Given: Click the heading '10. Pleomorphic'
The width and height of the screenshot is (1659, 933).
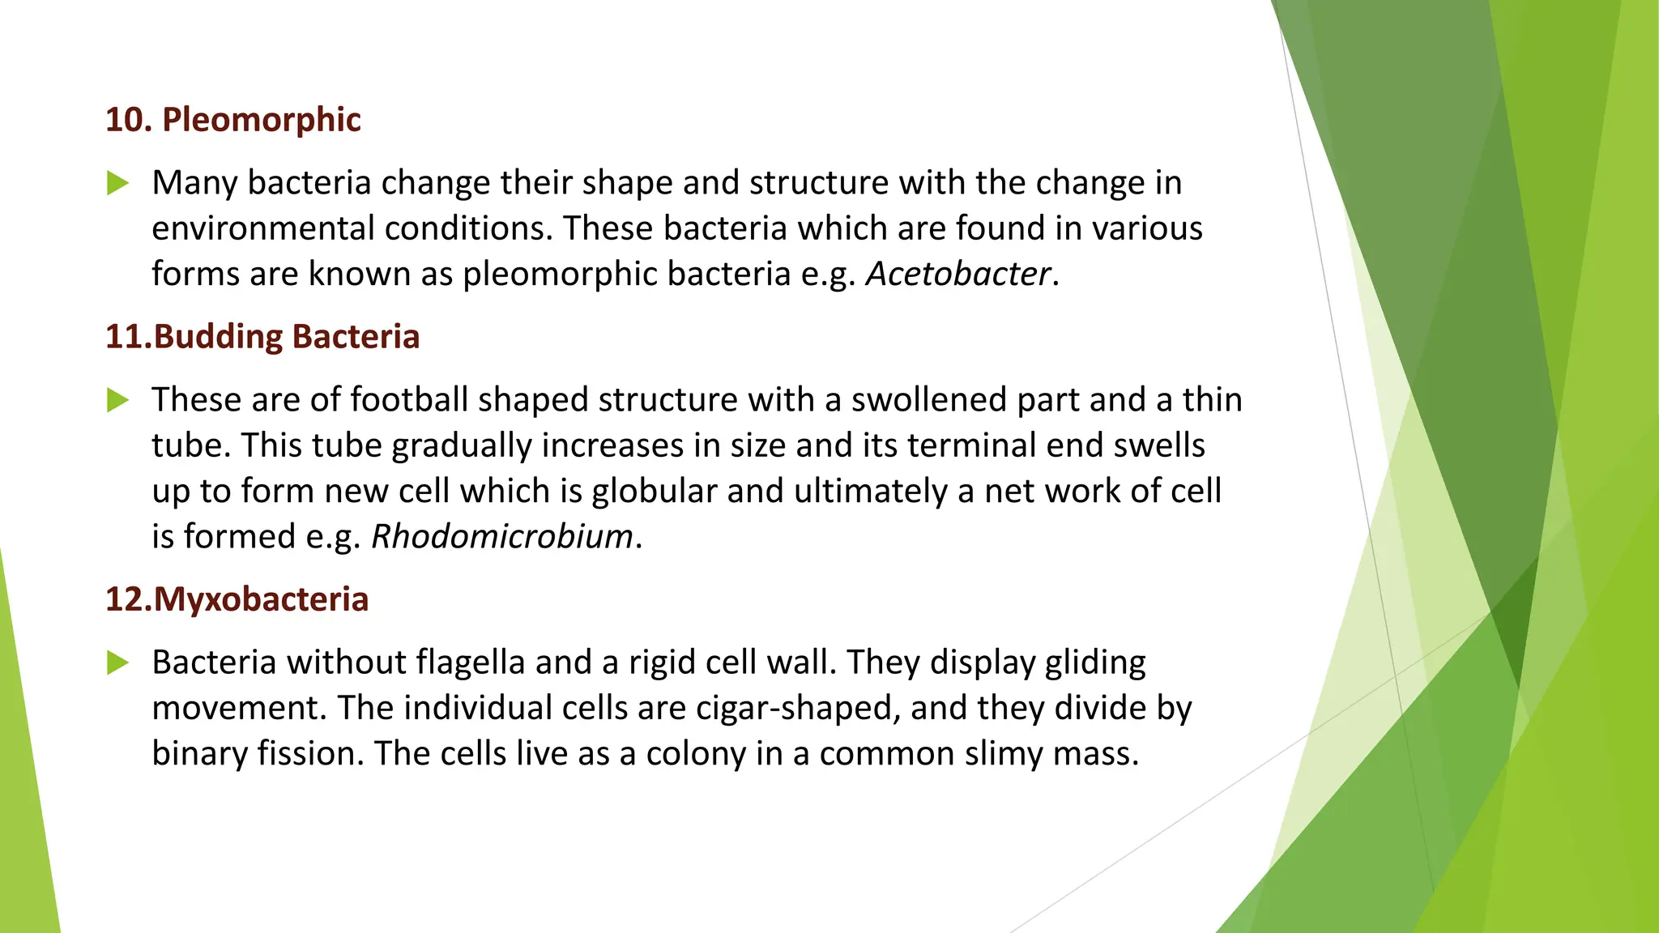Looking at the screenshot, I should pos(233,120).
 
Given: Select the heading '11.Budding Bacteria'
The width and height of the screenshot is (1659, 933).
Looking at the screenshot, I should pos(262,337).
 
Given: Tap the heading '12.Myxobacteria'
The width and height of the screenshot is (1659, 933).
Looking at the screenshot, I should pos(237,599).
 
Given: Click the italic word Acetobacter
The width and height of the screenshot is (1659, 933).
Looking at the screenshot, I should pos(958,274).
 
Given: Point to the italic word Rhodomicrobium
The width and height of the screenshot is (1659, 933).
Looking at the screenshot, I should pos(502,536).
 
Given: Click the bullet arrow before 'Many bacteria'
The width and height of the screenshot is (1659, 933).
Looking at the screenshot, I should pos(118,183).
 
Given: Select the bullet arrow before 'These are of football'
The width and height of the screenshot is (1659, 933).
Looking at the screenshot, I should pos(118,400).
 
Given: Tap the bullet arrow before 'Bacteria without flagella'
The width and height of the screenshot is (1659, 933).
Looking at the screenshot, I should pos(118,662).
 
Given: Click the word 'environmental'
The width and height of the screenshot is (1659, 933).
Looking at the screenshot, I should pos(262,228).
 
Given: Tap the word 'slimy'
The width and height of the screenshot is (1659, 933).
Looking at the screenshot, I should pos(1003,753).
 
